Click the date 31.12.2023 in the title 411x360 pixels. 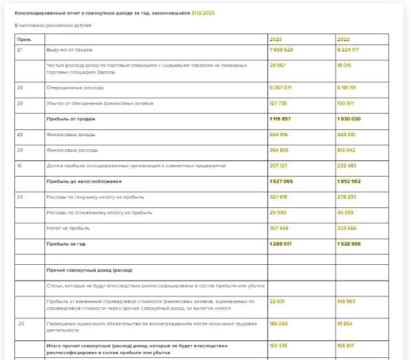[204, 13]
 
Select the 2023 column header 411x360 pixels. [276, 40]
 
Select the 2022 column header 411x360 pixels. [343, 40]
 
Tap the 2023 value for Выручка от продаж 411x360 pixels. [282, 50]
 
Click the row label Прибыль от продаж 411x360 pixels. [71, 118]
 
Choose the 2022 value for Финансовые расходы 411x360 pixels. [347, 149]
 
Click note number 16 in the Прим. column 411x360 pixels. [20, 165]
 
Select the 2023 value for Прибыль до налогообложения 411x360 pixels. [282, 181]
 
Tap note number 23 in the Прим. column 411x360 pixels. [20, 196]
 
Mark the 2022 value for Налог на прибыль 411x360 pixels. [347, 227]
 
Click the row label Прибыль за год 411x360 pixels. [66, 243]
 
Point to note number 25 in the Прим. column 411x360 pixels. [21, 322]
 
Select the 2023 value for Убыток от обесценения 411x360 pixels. [279, 103]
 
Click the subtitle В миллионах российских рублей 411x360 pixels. [53, 25]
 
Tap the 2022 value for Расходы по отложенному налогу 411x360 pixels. [346, 212]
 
